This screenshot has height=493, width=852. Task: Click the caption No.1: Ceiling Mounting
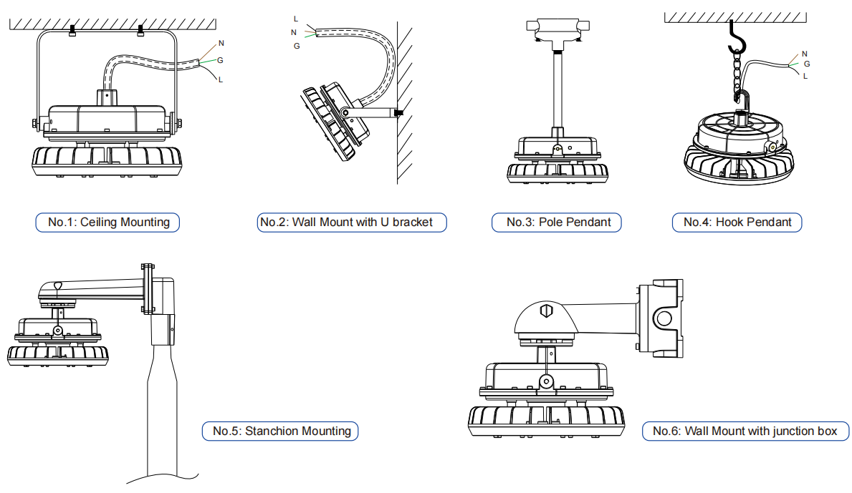[107, 222]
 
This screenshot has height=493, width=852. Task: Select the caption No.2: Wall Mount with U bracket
[351, 222]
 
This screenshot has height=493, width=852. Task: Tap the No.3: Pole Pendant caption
[557, 222]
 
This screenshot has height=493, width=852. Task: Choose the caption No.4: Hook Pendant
[737, 222]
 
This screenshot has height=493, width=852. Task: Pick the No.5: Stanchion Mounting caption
[279, 431]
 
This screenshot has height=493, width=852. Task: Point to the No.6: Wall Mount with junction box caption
[746, 431]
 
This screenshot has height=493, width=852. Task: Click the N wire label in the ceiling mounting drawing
[221, 44]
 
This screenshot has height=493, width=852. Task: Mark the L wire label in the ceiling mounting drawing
[221, 79]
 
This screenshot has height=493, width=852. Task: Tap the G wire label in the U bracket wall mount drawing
[297, 46]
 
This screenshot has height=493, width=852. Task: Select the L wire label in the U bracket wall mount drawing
[296, 19]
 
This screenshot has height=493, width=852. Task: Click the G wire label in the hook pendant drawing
[806, 64]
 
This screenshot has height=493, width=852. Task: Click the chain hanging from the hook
[738, 75]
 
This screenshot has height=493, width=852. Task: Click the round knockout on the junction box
[664, 318]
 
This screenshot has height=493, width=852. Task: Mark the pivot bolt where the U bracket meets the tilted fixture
[346, 113]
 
